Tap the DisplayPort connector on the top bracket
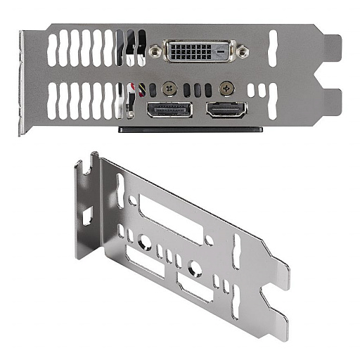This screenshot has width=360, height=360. click(x=169, y=110)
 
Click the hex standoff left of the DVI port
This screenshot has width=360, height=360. click(x=155, y=50)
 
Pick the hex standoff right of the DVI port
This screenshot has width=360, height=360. click(x=243, y=51)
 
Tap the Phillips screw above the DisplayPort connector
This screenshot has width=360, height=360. click(x=169, y=89)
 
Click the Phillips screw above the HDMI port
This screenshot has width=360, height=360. click(x=226, y=88)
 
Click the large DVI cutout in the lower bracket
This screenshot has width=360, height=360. click(x=171, y=220)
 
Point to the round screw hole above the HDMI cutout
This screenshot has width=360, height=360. click(x=195, y=267)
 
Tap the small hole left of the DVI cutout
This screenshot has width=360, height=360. click(x=132, y=200)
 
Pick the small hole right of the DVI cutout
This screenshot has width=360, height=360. click(x=209, y=240)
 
